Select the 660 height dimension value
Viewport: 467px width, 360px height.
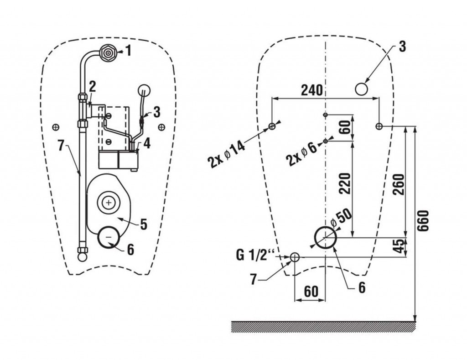[424, 222]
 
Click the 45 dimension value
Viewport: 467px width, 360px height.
[398, 246]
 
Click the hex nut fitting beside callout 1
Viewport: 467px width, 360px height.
[108, 52]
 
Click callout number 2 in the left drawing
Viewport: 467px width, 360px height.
[93, 86]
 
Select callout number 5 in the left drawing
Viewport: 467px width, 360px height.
[143, 224]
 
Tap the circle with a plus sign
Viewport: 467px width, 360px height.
[109, 201]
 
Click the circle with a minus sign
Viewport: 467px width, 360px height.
[109, 237]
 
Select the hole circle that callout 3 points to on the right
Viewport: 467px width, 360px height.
[362, 88]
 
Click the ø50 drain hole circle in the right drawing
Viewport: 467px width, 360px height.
[326, 237]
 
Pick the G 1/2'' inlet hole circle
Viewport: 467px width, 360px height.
[295, 257]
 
